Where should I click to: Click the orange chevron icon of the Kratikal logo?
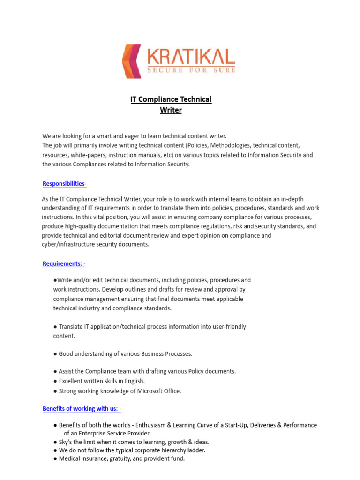(x=131, y=61)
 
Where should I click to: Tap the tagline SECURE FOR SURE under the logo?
(x=191, y=70)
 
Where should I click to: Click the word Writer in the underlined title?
(x=171, y=110)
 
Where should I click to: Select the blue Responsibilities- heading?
(x=65, y=183)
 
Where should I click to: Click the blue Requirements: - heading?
(x=64, y=263)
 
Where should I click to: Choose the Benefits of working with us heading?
(x=82, y=408)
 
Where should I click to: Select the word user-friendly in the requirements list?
(x=227, y=326)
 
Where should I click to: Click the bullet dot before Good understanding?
(x=55, y=354)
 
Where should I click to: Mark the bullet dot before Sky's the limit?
(x=55, y=442)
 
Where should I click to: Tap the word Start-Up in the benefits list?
(x=223, y=425)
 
